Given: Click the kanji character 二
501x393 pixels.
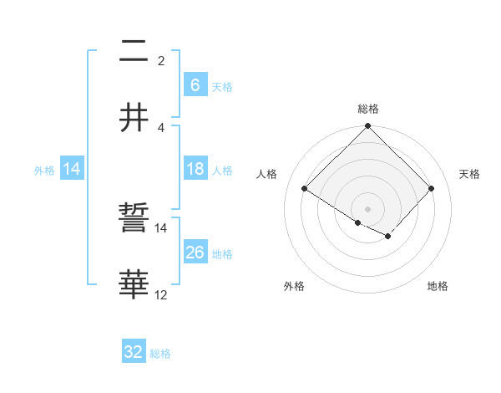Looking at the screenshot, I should [134, 53].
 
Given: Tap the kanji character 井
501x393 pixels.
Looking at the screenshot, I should [134, 117].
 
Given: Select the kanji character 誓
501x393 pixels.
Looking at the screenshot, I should [134, 220].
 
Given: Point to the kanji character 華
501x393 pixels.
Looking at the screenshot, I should [134, 284].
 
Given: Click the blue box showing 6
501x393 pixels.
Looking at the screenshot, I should [195, 84].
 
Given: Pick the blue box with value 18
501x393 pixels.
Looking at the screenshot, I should [195, 169].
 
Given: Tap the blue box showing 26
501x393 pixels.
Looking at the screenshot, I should [195, 253].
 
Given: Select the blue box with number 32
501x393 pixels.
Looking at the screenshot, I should [134, 352].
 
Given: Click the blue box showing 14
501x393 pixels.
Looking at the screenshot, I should [72, 169].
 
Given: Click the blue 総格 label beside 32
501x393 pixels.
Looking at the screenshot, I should [161, 354].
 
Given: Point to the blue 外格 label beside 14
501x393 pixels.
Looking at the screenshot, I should [44, 170].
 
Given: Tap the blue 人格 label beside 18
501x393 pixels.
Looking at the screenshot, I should [222, 170].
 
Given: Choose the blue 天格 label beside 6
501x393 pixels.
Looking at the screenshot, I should [222, 86].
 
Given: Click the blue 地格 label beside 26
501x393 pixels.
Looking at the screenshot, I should [222, 253].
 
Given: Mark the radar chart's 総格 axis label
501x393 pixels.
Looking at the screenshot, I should [368, 109].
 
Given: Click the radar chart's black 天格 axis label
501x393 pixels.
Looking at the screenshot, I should [470, 174].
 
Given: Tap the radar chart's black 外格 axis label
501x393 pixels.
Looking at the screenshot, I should [294, 286].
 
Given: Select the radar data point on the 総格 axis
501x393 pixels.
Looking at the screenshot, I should [368, 127].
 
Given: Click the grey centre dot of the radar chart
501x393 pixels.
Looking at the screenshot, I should [368, 208].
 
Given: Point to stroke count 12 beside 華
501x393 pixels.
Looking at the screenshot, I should [161, 294].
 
